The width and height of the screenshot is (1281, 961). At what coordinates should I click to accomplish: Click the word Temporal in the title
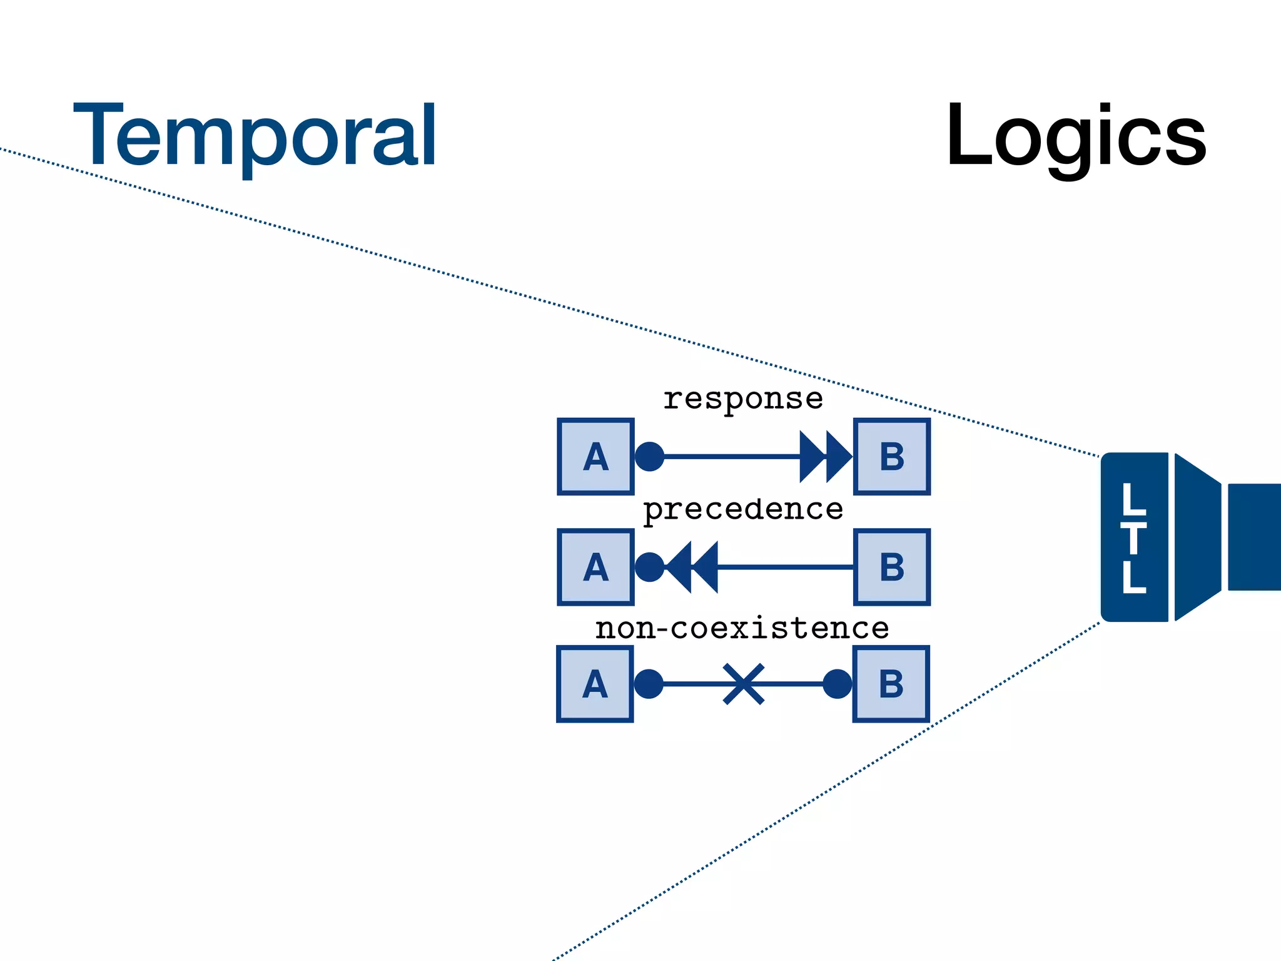click(255, 136)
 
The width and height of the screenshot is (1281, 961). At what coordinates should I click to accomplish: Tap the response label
click(743, 399)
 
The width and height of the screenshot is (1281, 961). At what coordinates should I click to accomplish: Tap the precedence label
click(743, 509)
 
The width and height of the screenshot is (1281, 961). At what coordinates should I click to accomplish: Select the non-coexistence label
click(742, 628)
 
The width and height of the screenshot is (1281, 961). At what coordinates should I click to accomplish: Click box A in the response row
click(595, 457)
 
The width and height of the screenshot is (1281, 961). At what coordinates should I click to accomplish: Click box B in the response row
click(892, 457)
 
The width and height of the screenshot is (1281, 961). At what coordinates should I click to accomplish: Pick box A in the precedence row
click(595, 567)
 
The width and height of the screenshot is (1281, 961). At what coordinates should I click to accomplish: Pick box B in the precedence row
click(892, 567)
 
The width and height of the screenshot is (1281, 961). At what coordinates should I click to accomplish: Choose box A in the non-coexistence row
click(595, 684)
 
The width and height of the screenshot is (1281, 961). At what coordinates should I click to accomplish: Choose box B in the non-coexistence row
click(891, 684)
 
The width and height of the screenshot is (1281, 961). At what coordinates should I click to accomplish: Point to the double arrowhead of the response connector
click(826, 457)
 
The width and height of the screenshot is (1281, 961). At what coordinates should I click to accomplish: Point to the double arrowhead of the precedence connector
click(692, 567)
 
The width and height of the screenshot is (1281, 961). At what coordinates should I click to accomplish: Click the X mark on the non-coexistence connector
click(744, 684)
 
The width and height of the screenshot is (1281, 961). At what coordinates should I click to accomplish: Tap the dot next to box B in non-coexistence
click(837, 684)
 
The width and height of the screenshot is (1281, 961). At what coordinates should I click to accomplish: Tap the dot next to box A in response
click(649, 457)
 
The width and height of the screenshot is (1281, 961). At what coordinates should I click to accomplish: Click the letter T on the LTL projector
click(1134, 538)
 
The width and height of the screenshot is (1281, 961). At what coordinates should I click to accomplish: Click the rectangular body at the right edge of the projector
click(1254, 537)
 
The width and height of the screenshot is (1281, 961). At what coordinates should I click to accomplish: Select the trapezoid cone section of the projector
click(1197, 537)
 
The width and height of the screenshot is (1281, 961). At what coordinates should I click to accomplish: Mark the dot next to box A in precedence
click(649, 567)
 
